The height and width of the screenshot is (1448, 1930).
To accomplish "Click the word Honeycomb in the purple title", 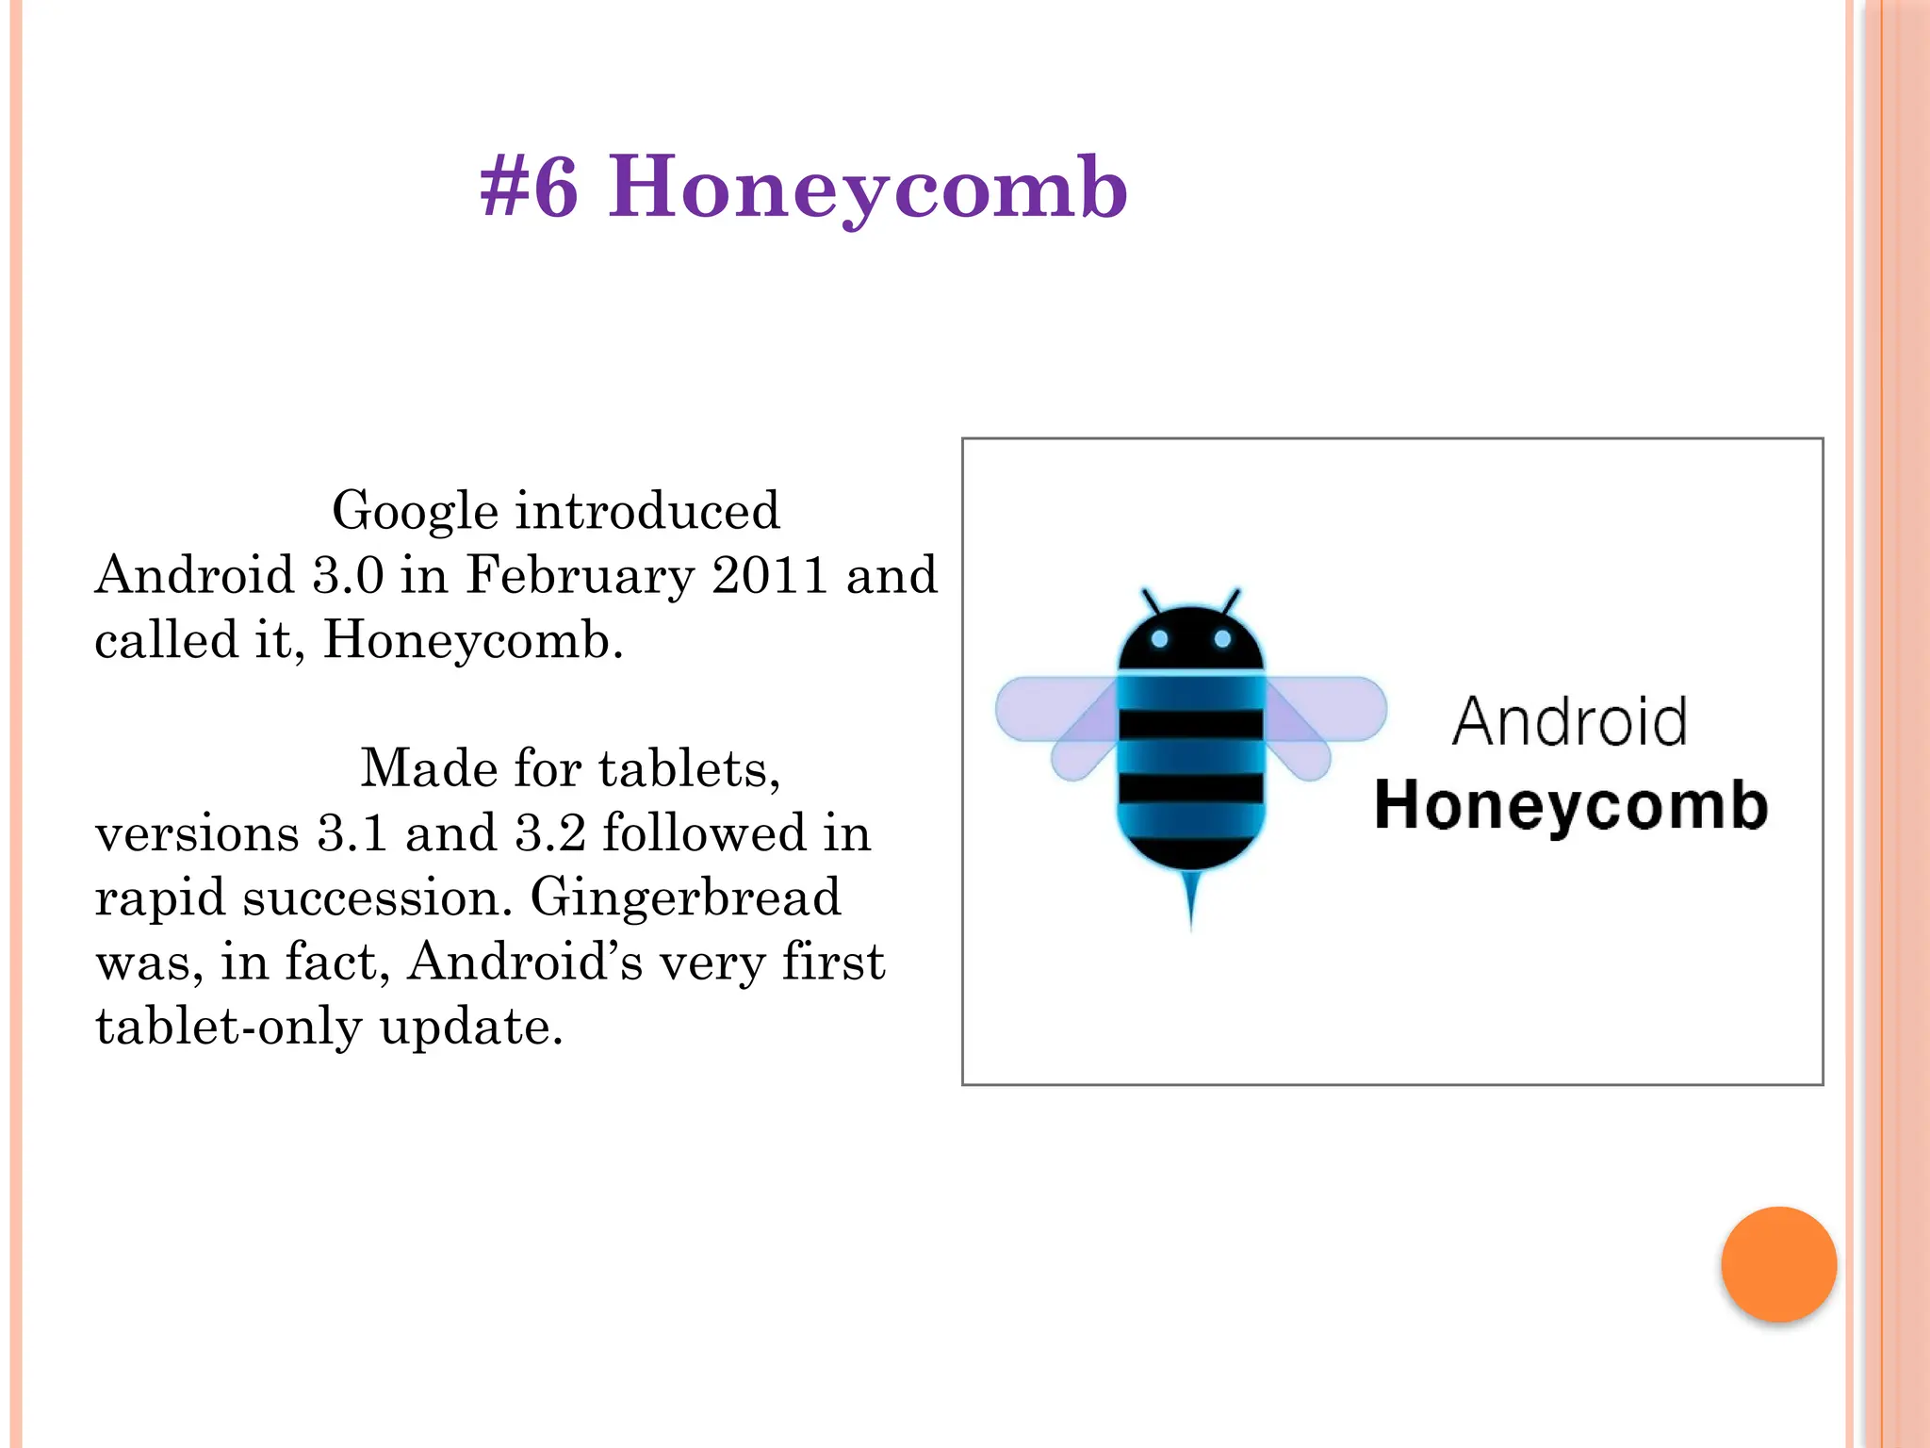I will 867,189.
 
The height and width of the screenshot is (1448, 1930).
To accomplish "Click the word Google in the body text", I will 415,511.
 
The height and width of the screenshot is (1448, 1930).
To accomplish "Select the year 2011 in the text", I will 770,575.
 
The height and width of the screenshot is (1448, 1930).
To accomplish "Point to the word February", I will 581,577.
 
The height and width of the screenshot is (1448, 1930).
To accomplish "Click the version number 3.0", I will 348,575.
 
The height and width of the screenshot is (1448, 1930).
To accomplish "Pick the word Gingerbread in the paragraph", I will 685,897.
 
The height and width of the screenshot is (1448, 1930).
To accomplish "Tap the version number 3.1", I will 352,832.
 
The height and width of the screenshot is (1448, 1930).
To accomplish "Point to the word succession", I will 377,897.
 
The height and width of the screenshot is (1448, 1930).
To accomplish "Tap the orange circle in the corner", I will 1778,1264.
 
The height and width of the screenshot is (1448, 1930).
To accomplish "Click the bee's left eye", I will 1160,639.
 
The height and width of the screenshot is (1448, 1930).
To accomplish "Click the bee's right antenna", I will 1232,601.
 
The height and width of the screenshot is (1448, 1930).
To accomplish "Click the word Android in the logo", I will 1569,722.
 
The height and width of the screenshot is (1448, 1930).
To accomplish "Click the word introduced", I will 647,511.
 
